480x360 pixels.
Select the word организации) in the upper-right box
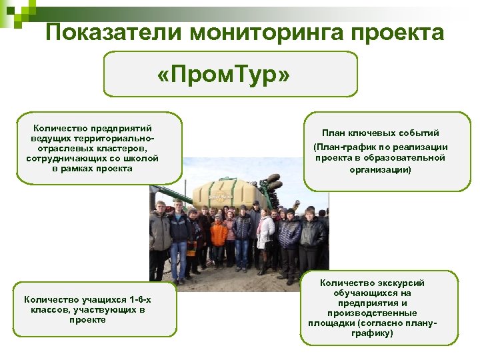(x=380, y=169)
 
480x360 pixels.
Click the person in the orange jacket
(x=219, y=235)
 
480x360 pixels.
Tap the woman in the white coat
(x=265, y=233)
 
